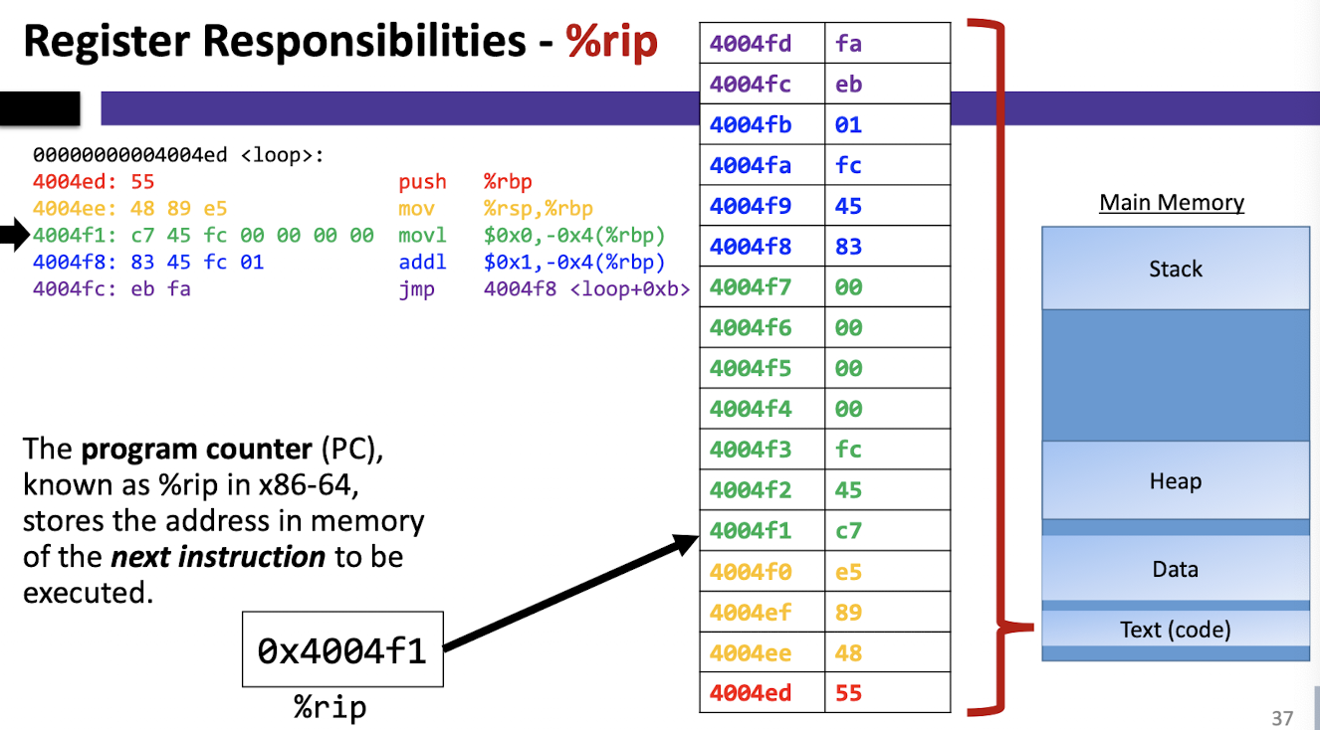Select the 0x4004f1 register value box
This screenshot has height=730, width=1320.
[342, 648]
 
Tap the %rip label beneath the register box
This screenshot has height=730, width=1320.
[330, 706]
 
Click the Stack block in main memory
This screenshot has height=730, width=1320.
[1176, 269]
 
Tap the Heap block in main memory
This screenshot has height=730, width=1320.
[1176, 480]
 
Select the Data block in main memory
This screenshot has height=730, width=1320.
[1176, 569]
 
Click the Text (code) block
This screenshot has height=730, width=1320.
[1176, 629]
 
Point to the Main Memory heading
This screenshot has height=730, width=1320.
[1172, 202]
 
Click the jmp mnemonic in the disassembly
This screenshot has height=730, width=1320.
[417, 289]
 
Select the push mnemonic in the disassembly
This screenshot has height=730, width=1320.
[422, 182]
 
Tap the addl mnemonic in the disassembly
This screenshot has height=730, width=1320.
[422, 262]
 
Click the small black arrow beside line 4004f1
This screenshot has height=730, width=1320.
[15, 235]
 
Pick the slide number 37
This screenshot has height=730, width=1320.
[1282, 718]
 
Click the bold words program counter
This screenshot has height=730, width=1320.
[197, 450]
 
